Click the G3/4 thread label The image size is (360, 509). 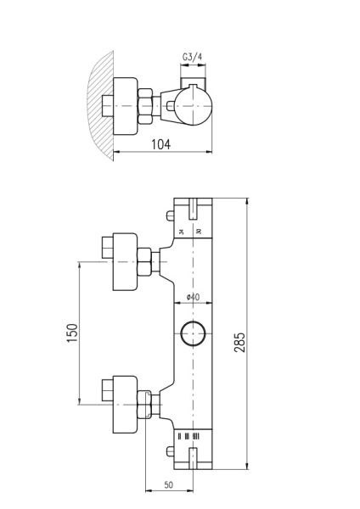[x=193, y=58]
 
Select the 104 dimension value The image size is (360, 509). [x=160, y=144]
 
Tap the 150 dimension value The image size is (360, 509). [x=72, y=333]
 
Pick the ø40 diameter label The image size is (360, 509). [x=192, y=297]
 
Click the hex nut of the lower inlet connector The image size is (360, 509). [x=146, y=406]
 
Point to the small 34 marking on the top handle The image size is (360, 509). [x=181, y=230]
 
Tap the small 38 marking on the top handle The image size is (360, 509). [x=199, y=230]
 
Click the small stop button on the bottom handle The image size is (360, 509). [x=194, y=459]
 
